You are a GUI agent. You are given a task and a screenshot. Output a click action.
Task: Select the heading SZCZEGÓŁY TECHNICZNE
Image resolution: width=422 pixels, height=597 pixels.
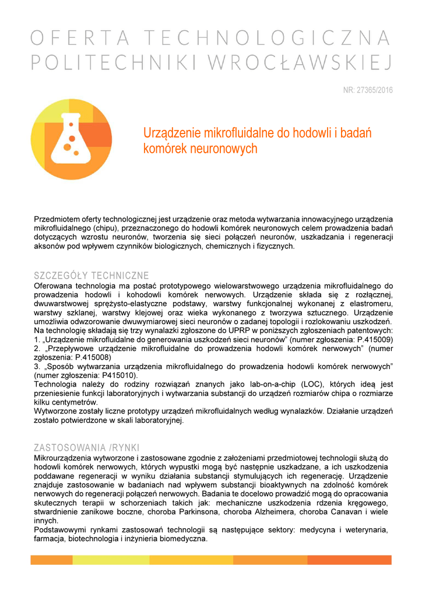(x=92, y=275)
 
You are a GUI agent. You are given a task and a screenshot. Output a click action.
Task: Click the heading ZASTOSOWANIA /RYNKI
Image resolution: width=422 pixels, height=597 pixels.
(x=86, y=448)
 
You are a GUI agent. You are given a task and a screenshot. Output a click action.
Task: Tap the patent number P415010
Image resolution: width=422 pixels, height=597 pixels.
(x=107, y=375)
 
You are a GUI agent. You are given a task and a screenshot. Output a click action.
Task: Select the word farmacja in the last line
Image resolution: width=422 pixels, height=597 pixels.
(x=50, y=539)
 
